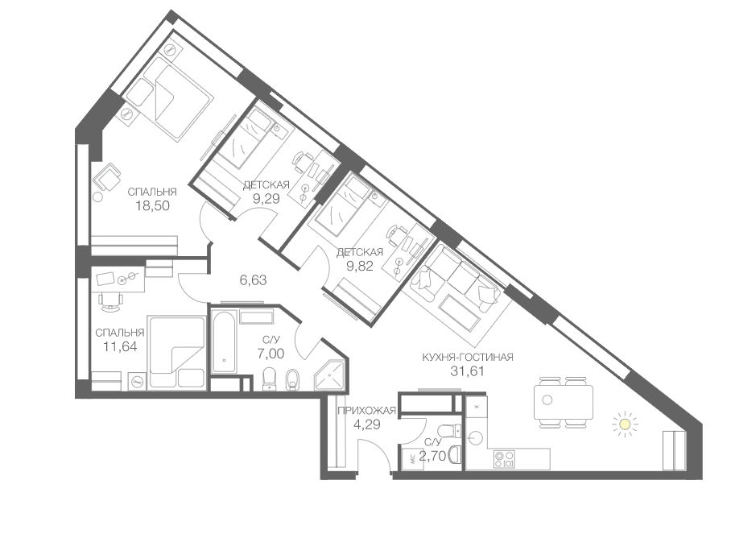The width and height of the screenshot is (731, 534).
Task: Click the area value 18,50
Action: (152, 205)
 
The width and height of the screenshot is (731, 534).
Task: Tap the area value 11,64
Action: (120, 346)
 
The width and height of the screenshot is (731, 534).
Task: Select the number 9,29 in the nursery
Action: (266, 199)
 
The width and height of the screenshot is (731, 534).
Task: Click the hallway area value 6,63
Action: (253, 280)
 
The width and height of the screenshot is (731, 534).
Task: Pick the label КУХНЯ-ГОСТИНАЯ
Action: (468, 358)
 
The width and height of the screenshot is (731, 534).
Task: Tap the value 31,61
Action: (468, 371)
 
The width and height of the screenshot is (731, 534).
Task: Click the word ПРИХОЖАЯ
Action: (366, 411)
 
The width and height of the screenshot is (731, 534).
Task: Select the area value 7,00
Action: (271, 354)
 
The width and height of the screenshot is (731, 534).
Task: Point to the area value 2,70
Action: (432, 456)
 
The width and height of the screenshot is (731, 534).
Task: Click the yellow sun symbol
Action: (624, 424)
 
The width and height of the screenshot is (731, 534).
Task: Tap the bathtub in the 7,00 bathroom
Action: (225, 341)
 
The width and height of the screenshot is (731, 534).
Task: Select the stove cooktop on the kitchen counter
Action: (505, 459)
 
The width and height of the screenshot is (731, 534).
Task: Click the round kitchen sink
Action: (475, 438)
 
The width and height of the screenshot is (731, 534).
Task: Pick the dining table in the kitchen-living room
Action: (564, 402)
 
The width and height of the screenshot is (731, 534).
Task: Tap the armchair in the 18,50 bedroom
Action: (108, 178)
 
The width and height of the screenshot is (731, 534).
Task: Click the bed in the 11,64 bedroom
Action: (176, 351)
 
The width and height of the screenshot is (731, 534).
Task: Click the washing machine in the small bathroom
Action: (412, 459)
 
